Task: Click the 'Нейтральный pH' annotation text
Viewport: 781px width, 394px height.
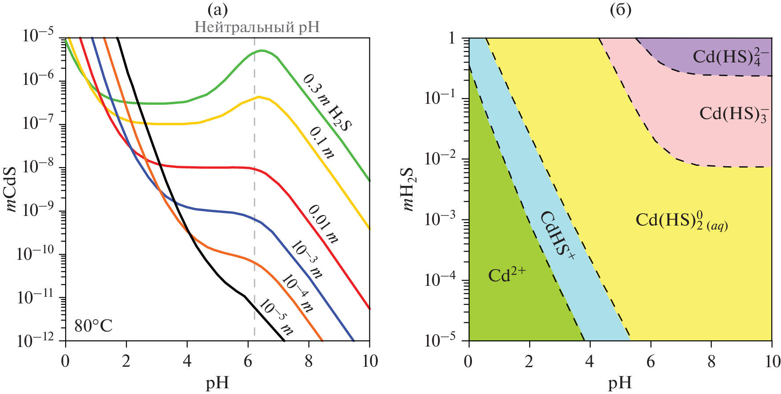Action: (257, 27)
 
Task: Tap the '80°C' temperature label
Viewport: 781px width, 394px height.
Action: (93, 326)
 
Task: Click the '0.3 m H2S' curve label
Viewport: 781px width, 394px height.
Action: (328, 102)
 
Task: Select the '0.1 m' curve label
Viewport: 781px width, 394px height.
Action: (322, 142)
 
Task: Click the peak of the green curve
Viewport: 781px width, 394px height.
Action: (262, 51)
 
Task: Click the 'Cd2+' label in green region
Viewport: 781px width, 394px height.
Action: (507, 275)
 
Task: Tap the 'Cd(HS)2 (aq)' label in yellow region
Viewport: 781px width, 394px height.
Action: (682, 220)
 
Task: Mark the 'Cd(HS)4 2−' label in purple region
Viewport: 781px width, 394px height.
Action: (731, 57)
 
